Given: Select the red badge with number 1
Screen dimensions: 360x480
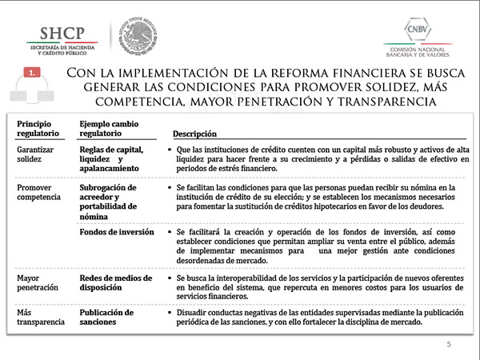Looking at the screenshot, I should tap(33, 73).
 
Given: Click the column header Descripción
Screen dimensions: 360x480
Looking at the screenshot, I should tap(195, 134).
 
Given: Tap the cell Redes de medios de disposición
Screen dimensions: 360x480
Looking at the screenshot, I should tap(115, 282).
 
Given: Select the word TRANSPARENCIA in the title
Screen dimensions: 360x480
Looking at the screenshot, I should tap(376, 102).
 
